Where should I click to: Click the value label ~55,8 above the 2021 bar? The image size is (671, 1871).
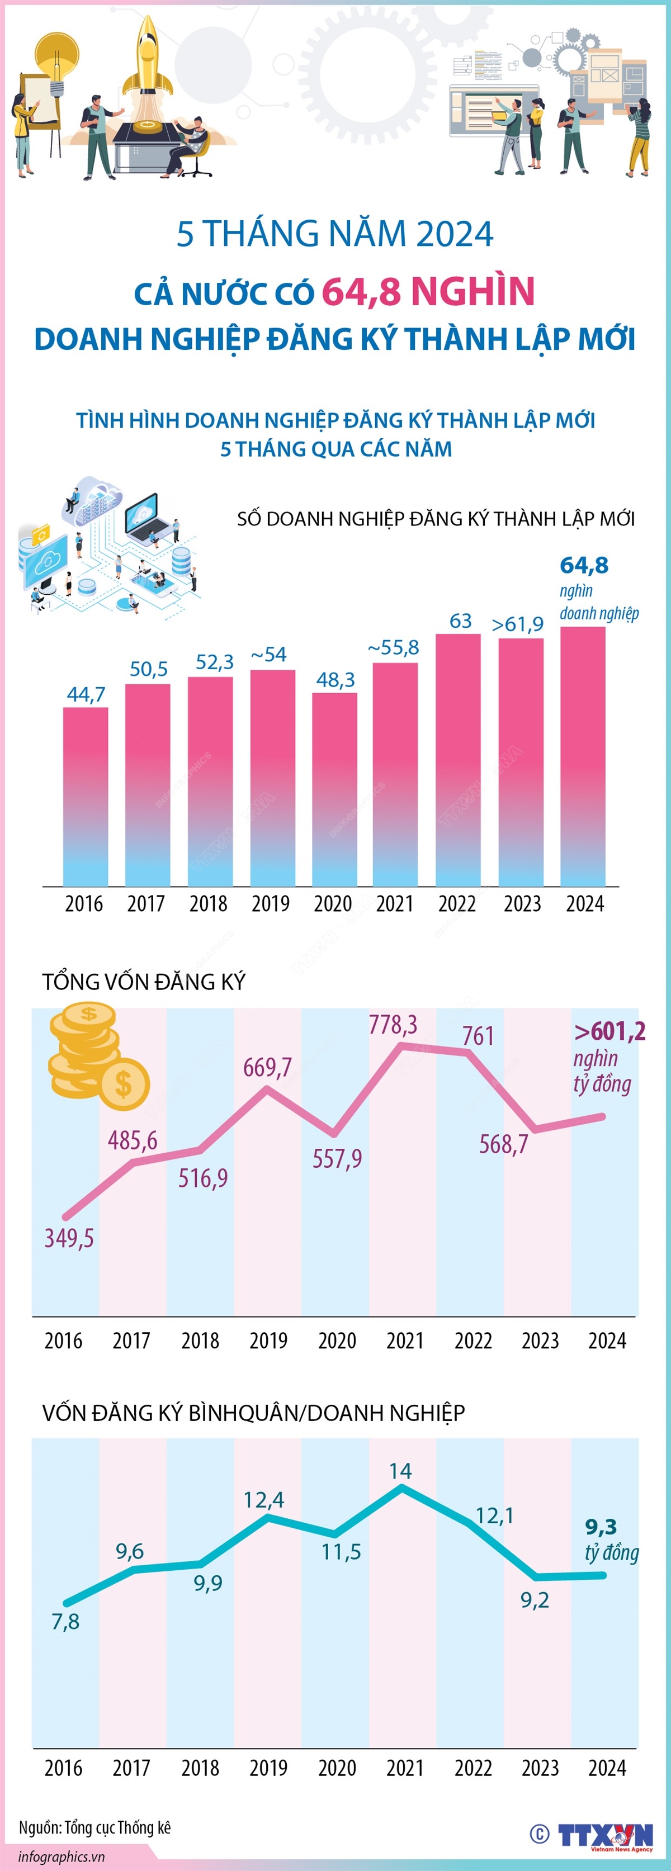(394, 647)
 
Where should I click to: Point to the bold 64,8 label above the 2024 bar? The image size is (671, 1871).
(584, 565)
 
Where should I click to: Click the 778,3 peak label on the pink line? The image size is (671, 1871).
(393, 1025)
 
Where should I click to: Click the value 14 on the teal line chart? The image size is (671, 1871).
(400, 1471)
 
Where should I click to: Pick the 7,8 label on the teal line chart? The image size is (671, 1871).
(65, 1622)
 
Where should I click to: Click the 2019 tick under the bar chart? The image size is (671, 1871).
(270, 904)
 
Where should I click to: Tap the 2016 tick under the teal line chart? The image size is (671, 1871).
(63, 1768)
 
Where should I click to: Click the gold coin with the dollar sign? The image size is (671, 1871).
(124, 1084)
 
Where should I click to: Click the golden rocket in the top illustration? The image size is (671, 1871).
(148, 58)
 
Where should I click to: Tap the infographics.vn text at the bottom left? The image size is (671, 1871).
(62, 1856)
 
